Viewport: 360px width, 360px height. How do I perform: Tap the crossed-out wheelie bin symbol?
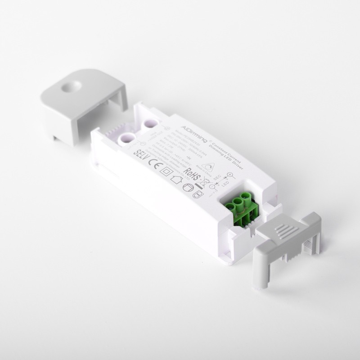pyautogui.click(x=207, y=183)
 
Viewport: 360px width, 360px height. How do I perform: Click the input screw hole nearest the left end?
pyautogui.click(x=126, y=137)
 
